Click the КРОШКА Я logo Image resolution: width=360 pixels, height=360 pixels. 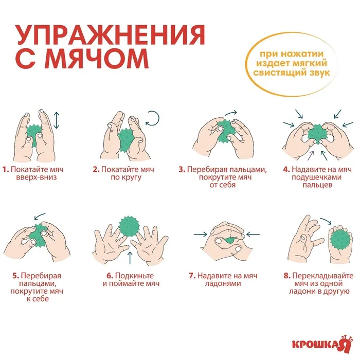322,344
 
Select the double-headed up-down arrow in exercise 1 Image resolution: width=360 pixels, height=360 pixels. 57,120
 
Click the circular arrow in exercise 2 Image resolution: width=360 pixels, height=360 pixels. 153,118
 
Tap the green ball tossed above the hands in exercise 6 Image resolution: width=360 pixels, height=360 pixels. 129,226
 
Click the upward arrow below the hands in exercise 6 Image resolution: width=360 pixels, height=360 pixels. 130,258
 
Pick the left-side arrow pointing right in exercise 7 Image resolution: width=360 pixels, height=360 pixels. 200,234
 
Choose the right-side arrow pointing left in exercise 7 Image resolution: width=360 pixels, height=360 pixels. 253,235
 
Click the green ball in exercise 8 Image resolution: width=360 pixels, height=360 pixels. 340,241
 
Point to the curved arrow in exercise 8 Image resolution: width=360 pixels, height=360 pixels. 326,221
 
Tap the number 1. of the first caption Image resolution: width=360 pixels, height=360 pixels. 6,170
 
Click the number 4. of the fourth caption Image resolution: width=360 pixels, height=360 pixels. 286,170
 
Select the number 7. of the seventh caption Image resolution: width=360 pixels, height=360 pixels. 192,276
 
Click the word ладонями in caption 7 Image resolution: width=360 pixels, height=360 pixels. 223,283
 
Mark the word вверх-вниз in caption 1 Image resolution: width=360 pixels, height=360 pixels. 37,177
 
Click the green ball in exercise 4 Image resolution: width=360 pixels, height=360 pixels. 317,134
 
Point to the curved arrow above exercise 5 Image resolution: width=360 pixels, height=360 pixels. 40,216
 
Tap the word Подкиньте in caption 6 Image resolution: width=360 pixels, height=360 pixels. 134,276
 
